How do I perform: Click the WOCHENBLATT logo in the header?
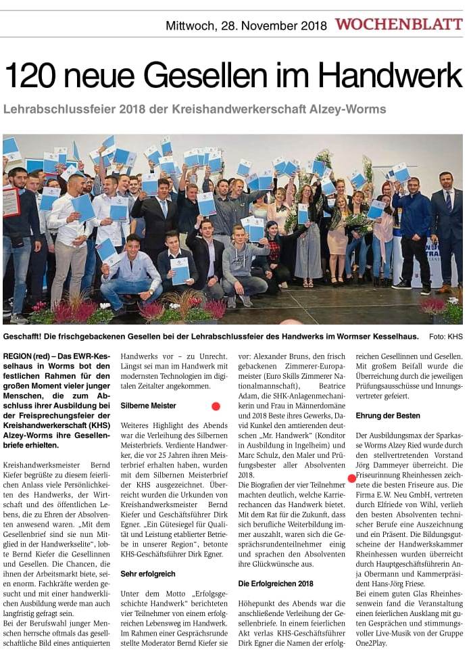click(x=399, y=25)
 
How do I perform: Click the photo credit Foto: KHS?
click(x=445, y=336)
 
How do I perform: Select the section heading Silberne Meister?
click(x=148, y=406)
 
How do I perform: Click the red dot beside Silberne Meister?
click(x=216, y=406)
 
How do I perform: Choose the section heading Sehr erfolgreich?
click(x=148, y=535)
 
